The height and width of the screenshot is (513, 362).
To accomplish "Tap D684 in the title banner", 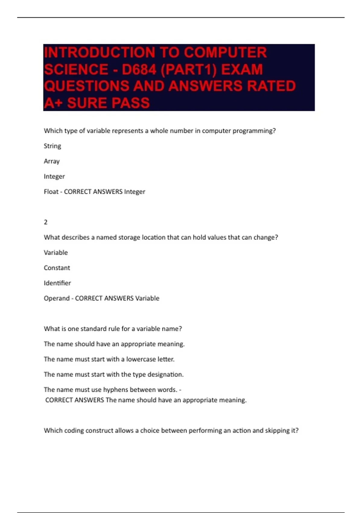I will [139, 70].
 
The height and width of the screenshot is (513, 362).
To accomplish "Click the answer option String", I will [52, 146].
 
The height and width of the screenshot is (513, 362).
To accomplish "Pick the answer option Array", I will [52, 161].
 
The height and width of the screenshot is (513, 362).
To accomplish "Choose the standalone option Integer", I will [54, 177].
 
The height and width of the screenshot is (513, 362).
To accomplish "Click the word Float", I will [51, 192].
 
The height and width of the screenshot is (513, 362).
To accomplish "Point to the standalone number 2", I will [46, 222].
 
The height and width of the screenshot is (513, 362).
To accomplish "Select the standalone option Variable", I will [56, 253].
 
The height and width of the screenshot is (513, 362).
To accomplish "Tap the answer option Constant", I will [57, 268].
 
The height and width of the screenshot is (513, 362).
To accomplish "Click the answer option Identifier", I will [57, 283].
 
